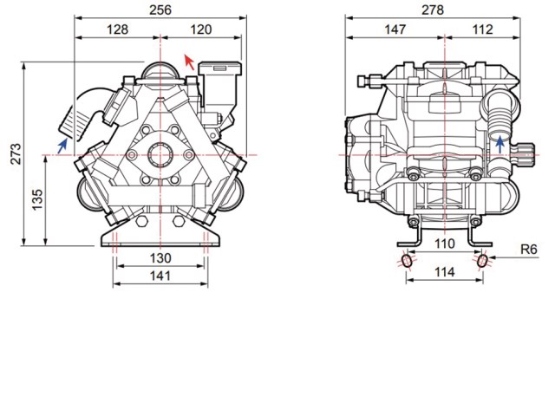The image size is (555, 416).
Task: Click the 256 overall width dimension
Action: click(x=160, y=10)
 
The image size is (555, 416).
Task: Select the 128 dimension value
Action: click(x=117, y=29)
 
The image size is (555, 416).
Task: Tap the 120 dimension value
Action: click(x=200, y=29)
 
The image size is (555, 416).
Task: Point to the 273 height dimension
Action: click(x=16, y=153)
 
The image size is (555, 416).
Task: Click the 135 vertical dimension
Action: click(x=37, y=199)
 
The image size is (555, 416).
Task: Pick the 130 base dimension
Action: click(x=160, y=258)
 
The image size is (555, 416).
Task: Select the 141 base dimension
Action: click(x=160, y=276)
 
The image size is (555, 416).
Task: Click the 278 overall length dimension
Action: click(x=433, y=10)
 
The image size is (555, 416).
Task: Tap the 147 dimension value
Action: click(x=395, y=29)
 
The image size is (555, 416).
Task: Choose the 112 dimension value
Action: click(x=482, y=29)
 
